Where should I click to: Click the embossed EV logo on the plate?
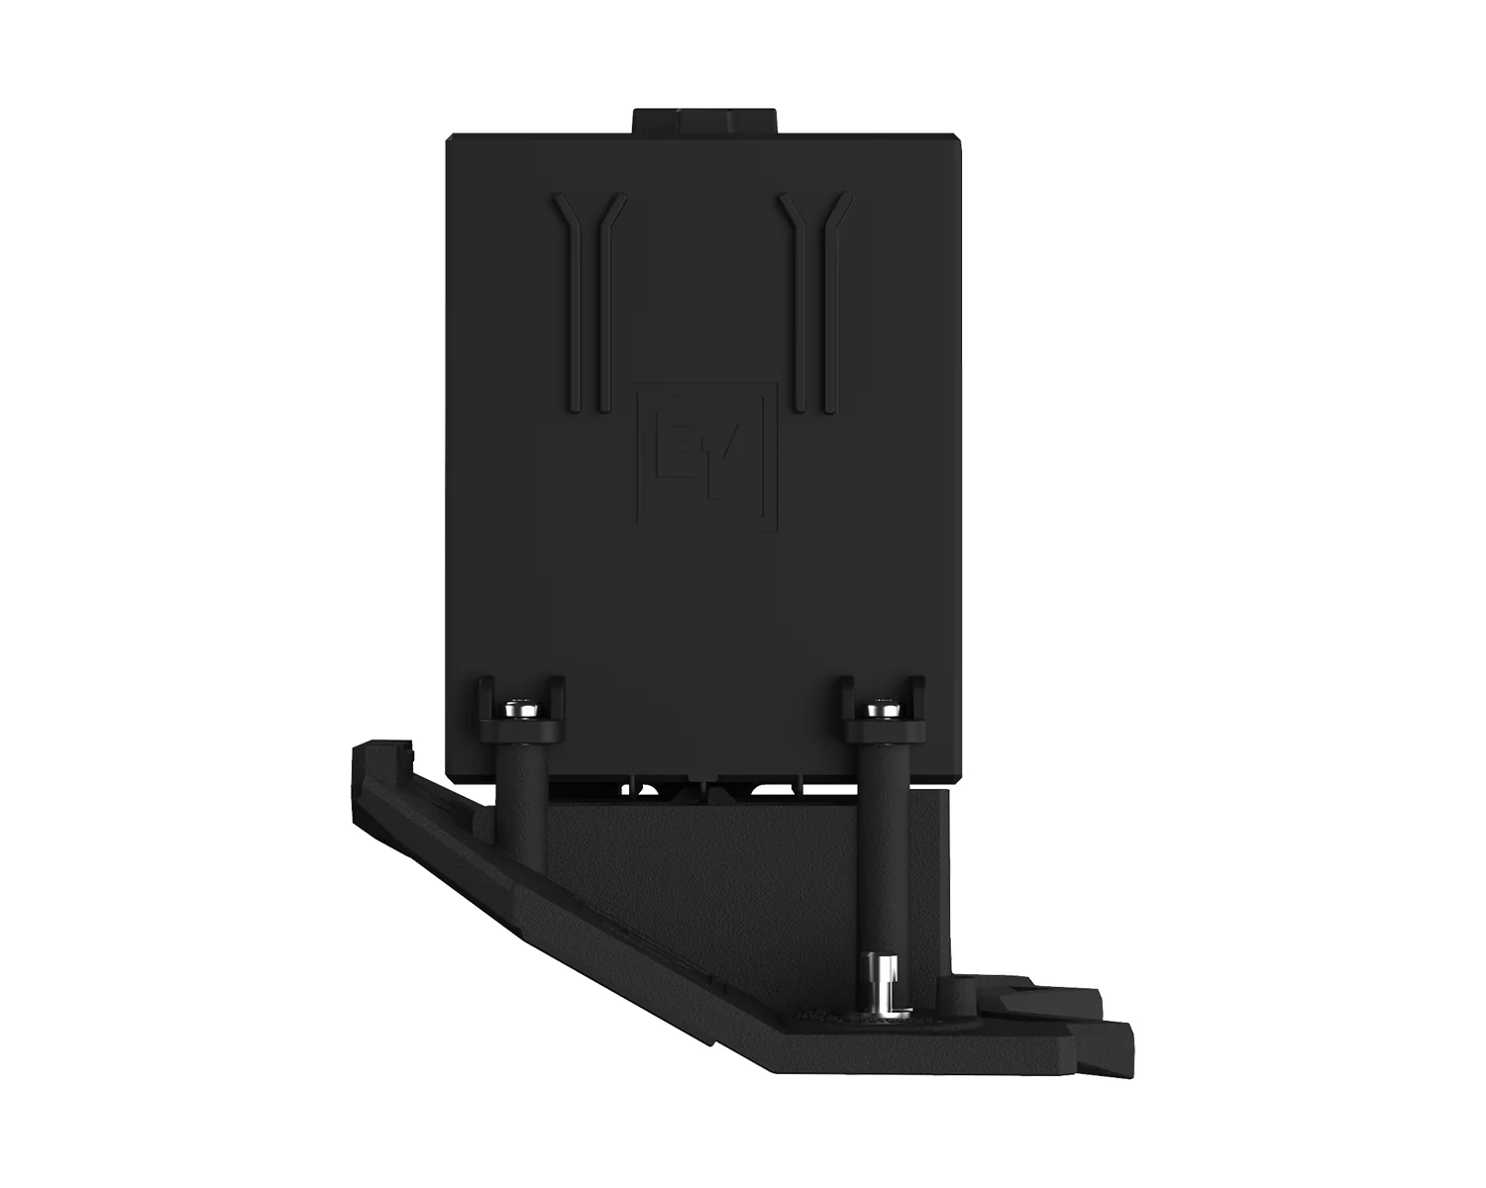coord(706,456)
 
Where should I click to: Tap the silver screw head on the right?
coord(884,708)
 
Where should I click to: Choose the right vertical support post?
coord(884,856)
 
